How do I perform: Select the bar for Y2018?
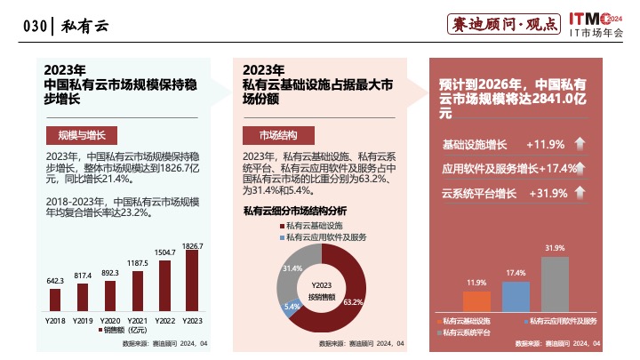[x=55, y=299]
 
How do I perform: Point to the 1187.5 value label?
[x=137, y=264]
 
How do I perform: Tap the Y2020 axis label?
[x=109, y=319]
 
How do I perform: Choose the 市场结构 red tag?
[x=277, y=136]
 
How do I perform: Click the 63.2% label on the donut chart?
[x=353, y=303]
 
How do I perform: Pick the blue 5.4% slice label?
[x=292, y=305]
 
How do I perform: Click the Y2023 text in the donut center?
[x=321, y=284]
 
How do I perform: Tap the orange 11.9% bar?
[x=476, y=302]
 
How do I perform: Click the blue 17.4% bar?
[x=516, y=297]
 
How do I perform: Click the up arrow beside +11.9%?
[x=579, y=144]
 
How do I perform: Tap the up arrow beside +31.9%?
[x=579, y=193]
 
